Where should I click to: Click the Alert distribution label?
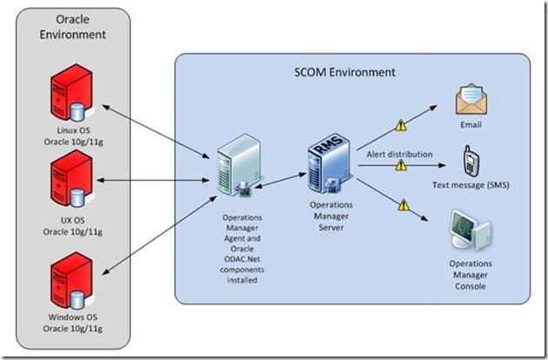pos(398,154)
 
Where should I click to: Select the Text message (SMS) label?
pos(471,185)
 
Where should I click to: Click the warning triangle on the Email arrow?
pos(401,125)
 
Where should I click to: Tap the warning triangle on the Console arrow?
pos(401,206)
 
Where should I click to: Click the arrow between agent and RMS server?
pos(274,178)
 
